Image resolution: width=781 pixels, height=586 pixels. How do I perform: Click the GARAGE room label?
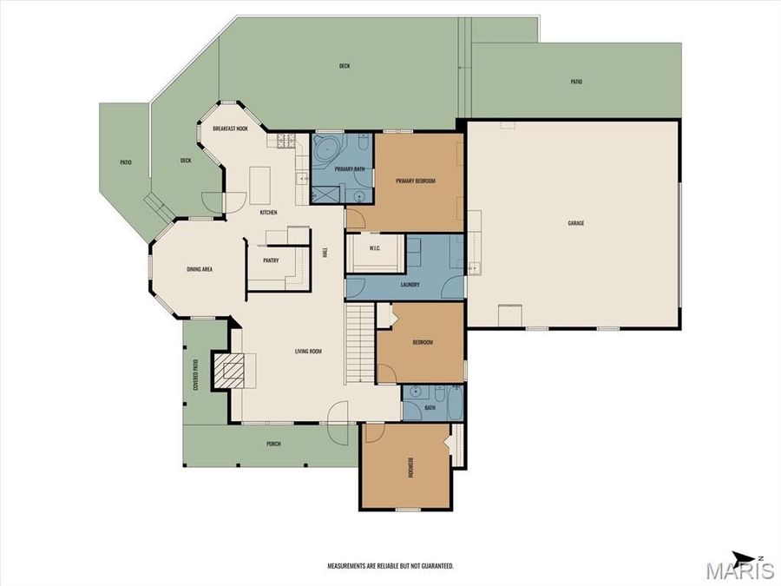coord(575,223)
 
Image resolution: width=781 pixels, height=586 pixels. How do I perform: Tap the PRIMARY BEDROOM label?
coord(415,181)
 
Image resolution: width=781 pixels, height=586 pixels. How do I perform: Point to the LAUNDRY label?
coord(410,285)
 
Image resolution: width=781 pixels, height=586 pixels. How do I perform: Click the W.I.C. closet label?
coord(375,248)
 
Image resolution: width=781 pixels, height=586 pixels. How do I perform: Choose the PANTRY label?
coord(271,260)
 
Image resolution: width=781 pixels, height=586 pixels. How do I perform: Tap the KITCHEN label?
coord(269,213)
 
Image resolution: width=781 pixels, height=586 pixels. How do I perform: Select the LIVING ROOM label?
coord(308,352)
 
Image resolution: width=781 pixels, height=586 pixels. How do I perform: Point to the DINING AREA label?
coord(200,269)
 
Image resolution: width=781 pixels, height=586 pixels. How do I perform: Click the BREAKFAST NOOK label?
coord(230,128)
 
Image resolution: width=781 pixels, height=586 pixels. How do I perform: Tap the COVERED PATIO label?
coord(196,374)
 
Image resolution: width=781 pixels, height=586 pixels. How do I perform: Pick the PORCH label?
coord(273,444)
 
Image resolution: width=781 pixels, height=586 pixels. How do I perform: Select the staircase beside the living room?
coord(359,343)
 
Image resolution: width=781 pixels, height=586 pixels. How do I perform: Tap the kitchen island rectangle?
coord(261,184)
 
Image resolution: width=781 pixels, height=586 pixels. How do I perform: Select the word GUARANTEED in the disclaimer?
coord(435,566)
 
